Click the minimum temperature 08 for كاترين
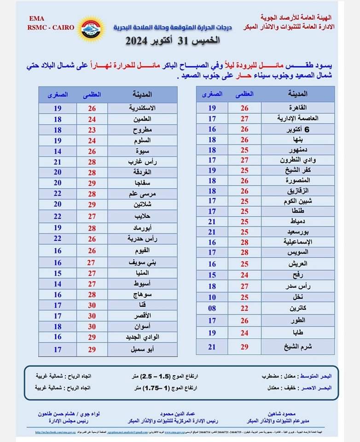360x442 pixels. point(211,308)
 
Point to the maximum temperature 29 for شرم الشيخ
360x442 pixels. point(245,346)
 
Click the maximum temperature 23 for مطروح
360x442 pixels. point(92,129)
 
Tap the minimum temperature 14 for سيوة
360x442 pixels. point(57,151)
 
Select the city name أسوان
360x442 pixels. point(142,326)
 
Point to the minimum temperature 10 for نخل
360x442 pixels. point(211,297)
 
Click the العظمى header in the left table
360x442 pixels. point(92,95)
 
